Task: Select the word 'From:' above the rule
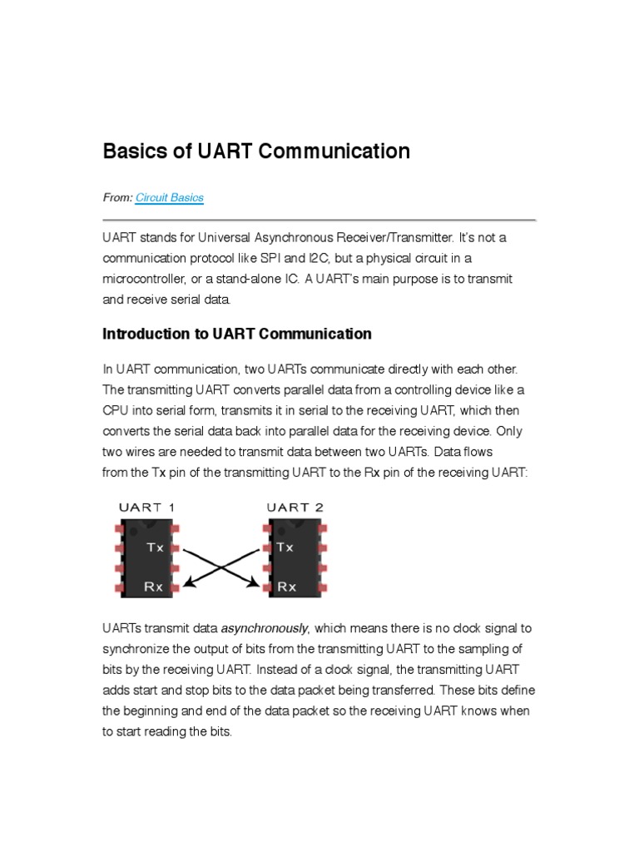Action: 116,198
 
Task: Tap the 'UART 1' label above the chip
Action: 146,507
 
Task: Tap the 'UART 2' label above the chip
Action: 295,507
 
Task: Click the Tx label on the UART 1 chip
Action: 156,547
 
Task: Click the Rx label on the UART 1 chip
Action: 154,586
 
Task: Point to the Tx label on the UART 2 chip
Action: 285,547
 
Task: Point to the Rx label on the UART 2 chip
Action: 287,586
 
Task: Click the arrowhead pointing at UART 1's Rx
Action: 188,584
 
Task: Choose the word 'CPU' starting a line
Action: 115,410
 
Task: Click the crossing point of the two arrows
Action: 221,566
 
